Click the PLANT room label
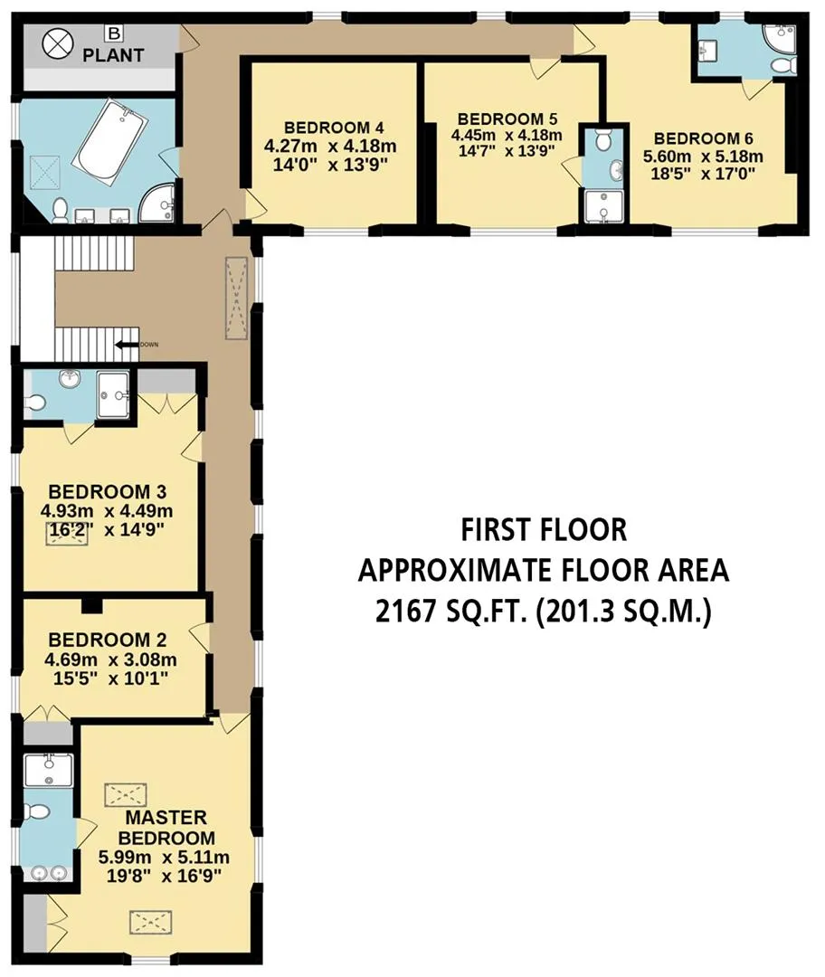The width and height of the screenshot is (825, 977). coord(113,55)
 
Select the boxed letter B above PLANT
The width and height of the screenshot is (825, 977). coord(113,33)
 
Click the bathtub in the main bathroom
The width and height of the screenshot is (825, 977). coord(110,141)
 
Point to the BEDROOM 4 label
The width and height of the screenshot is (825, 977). coord(334,128)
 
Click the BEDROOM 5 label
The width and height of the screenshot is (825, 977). coord(507,119)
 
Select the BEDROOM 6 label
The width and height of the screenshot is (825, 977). coord(704,138)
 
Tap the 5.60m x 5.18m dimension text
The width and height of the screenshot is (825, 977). coord(704,156)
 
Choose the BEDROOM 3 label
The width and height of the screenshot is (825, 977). coord(107,491)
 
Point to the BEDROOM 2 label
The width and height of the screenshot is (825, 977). coord(107,640)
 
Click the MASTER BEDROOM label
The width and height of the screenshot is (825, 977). coord(166,828)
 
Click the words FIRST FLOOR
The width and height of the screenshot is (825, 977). coord(544,529)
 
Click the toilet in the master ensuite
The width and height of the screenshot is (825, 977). coord(35,811)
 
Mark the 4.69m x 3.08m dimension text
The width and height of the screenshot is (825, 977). coord(111,659)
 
